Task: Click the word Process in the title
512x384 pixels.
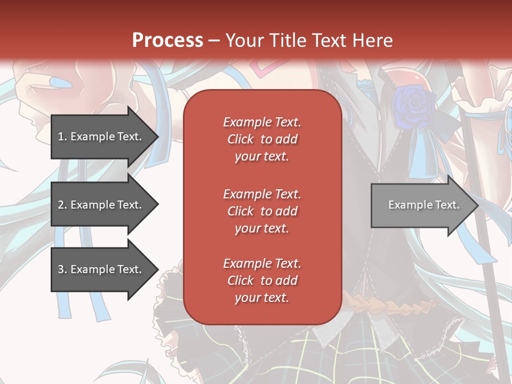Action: pyautogui.click(x=167, y=40)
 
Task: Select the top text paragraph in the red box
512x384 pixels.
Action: pyautogui.click(x=262, y=139)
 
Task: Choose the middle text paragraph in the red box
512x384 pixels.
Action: pyautogui.click(x=262, y=211)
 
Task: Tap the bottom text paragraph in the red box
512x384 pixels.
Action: pyautogui.click(x=262, y=281)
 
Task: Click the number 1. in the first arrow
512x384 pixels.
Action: pyautogui.click(x=62, y=137)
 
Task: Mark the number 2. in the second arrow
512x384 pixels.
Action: pyautogui.click(x=62, y=205)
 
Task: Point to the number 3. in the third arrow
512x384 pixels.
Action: pyautogui.click(x=62, y=269)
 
